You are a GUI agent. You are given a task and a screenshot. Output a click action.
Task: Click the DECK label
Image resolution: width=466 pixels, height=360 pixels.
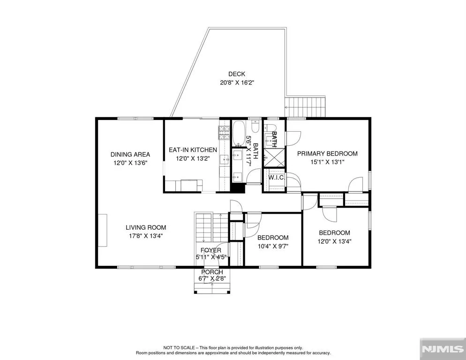pos(237,74)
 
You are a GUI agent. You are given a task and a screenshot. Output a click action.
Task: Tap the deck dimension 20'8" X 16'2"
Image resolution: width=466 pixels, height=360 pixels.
pos(237,82)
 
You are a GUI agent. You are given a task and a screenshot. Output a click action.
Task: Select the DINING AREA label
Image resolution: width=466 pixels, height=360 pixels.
pos(130,154)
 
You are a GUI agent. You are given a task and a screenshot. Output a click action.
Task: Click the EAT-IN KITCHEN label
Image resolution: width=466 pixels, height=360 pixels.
pos(193,150)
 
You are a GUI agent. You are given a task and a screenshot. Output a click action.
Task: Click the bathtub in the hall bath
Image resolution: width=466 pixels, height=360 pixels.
pos(238,134)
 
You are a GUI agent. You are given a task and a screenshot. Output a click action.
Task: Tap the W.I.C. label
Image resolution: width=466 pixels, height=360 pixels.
pos(276,178)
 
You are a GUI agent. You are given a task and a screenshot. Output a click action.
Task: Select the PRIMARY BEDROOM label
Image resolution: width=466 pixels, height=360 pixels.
pos(327,154)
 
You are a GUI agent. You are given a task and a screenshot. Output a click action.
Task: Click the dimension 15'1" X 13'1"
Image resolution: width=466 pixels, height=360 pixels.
pos(327,162)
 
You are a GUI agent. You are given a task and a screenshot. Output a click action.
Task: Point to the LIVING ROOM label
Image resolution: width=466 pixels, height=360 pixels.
pos(146,228)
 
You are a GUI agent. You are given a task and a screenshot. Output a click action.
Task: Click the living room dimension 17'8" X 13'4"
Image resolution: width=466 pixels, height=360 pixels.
pos(146,236)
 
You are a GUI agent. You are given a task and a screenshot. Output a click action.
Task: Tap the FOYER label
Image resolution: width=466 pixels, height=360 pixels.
pos(210,250)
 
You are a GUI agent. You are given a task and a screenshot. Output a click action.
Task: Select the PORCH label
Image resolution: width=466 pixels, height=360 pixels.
pos(212,272)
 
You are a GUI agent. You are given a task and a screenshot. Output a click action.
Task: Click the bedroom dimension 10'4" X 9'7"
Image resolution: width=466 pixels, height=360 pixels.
pos(273,247)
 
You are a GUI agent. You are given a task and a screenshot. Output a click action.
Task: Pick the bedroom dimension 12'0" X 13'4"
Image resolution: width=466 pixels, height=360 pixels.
pos(334,241)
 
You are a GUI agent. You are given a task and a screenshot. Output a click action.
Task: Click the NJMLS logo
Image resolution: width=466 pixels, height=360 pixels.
pos(443,349)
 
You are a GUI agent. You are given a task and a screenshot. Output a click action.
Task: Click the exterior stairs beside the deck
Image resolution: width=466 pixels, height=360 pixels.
pos(306,107)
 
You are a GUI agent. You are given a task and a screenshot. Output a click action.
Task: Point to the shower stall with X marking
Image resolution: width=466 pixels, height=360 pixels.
pos(274,157)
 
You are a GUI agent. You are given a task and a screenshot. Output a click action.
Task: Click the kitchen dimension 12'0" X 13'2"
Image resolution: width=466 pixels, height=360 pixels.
pos(193,158)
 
